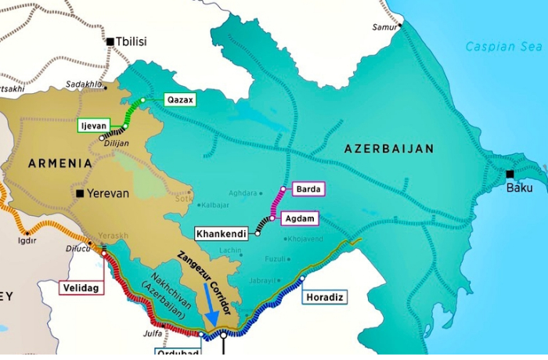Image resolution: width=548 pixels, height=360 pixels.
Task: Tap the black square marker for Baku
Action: click(510, 174)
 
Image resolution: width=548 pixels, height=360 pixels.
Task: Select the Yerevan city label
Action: click(107, 193)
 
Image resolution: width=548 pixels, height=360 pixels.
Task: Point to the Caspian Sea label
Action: click(503, 46)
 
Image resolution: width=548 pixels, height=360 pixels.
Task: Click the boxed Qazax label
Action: click(178, 100)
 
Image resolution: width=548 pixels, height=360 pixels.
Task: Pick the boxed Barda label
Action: click(307, 189)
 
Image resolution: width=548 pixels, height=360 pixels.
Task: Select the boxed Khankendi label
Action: click(222, 233)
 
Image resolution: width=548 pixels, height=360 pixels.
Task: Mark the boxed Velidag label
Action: click(80, 288)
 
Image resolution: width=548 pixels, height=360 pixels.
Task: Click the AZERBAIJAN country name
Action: click(389, 148)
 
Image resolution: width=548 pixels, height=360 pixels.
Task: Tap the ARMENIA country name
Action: click(60, 163)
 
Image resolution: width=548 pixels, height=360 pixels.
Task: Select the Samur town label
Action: click(384, 27)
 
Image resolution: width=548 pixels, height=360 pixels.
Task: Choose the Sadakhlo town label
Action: click(84, 84)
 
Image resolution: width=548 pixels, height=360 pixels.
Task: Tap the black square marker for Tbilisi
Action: click(110, 41)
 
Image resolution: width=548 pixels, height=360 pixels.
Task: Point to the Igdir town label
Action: click(27, 241)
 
